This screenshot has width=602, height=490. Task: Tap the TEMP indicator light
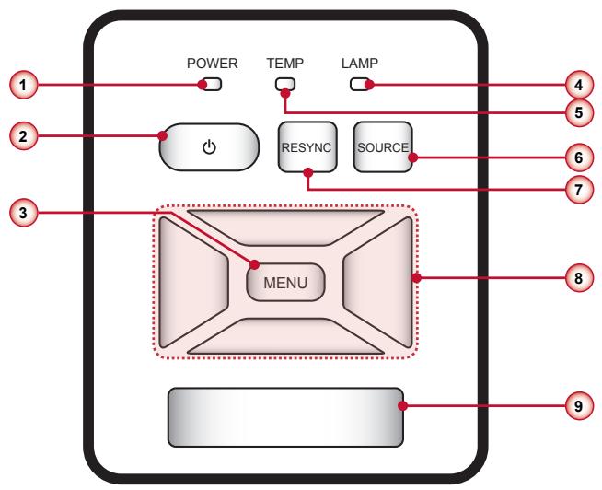click(x=285, y=84)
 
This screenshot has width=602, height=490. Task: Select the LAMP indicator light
click(x=360, y=85)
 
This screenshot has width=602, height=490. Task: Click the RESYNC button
click(x=307, y=147)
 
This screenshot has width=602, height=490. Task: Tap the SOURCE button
click(x=383, y=147)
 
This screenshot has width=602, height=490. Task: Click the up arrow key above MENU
click(x=285, y=227)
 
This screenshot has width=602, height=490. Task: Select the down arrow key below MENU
click(x=285, y=336)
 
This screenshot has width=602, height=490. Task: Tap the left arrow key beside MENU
click(x=194, y=283)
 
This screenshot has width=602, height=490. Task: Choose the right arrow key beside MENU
click(x=377, y=283)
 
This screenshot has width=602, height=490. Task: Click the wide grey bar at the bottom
click(x=285, y=417)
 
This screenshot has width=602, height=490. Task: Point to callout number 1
click(x=23, y=85)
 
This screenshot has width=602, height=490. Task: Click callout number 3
click(x=23, y=213)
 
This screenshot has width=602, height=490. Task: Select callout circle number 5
click(x=579, y=112)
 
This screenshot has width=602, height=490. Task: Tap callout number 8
click(x=579, y=278)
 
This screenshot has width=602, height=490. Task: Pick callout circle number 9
click(x=579, y=406)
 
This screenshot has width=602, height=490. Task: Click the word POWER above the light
click(x=213, y=64)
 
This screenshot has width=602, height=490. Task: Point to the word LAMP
click(x=360, y=63)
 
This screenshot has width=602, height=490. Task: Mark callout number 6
click(x=579, y=157)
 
